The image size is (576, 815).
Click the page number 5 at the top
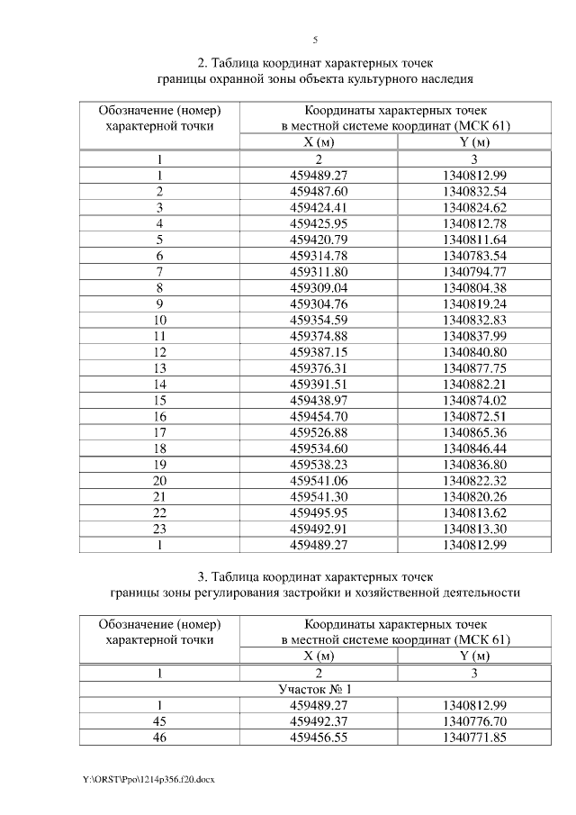(315, 41)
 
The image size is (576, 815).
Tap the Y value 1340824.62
(475, 207)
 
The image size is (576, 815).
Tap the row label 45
(159, 720)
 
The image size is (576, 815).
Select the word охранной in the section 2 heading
(239, 79)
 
